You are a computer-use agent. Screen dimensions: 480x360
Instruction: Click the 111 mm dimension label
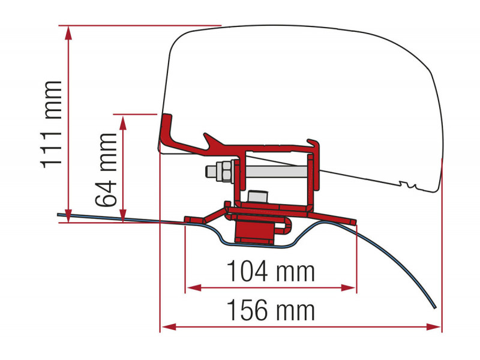pyautogui.click(x=51, y=125)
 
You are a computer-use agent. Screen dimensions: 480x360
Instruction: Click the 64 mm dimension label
pyautogui.click(x=106, y=170)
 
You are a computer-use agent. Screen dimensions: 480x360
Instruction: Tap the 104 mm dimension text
pyautogui.click(x=271, y=271)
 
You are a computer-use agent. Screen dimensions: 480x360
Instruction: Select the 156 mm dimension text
pyautogui.click(x=271, y=310)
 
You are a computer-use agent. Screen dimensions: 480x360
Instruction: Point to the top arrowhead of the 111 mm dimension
pyautogui.click(x=68, y=33)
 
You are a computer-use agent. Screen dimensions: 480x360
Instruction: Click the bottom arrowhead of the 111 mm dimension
pyautogui.click(x=68, y=215)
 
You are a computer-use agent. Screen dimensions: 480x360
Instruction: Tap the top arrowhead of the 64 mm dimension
pyautogui.click(x=123, y=122)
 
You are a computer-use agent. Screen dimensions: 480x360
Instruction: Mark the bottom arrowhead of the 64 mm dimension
pyautogui.click(x=123, y=215)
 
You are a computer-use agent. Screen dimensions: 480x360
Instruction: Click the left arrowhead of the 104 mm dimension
pyautogui.click(x=194, y=288)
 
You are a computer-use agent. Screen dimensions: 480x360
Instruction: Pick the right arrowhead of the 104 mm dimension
pyautogui.click(x=349, y=288)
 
